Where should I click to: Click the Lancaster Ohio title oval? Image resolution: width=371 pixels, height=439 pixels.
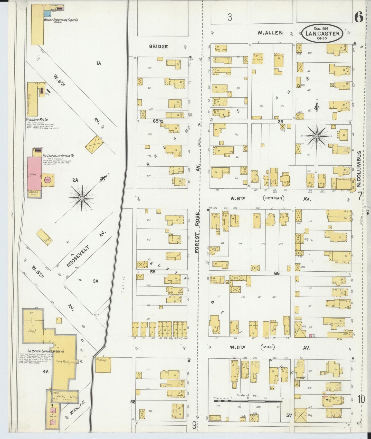322,33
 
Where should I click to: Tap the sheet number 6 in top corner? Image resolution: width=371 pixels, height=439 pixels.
359,17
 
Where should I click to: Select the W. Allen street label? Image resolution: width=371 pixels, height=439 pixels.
270,33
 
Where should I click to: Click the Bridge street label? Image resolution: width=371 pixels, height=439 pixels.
158,46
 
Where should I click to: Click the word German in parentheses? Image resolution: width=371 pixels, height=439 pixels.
274,198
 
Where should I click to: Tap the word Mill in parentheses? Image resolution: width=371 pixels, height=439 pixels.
268,347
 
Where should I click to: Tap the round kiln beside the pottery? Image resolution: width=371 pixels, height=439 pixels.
48,180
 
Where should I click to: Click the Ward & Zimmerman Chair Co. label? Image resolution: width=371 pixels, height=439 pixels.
61,20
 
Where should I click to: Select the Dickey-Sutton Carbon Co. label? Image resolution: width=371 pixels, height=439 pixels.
46,351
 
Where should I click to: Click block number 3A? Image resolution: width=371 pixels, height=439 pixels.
96,281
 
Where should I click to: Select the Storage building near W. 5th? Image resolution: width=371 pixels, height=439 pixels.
103,365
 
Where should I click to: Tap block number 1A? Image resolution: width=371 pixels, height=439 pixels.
99,63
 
